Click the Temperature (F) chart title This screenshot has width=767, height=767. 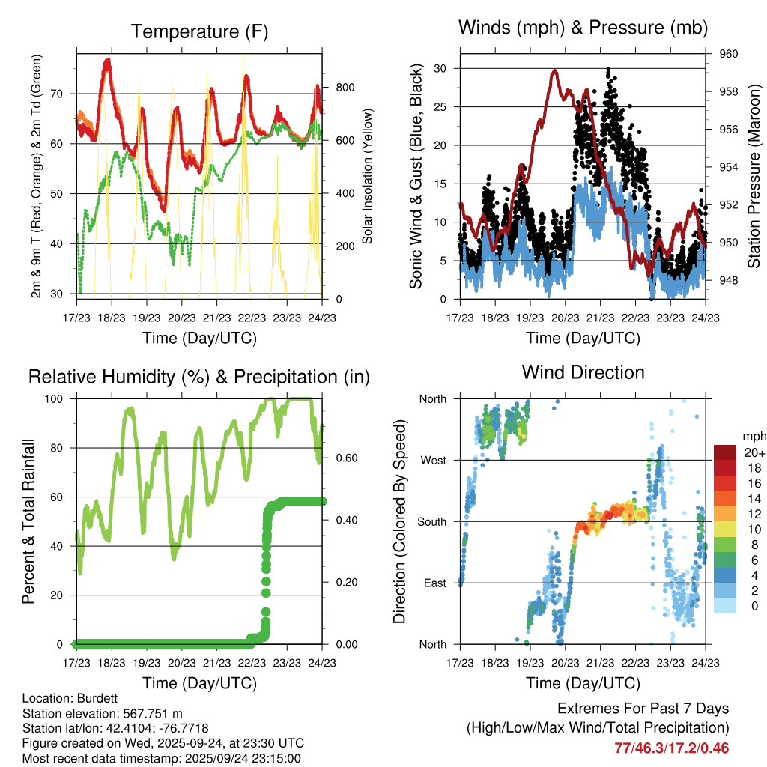point(198,31)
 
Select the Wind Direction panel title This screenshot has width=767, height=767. point(583,372)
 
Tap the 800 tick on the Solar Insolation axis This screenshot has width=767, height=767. point(344,88)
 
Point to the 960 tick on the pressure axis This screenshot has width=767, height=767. point(729,54)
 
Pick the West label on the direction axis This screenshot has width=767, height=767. point(434,460)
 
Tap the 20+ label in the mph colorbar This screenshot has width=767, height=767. point(755,452)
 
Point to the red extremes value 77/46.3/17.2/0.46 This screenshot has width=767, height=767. point(671,748)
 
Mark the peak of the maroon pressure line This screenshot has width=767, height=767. point(554,70)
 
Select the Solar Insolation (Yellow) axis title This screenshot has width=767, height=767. point(368,178)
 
